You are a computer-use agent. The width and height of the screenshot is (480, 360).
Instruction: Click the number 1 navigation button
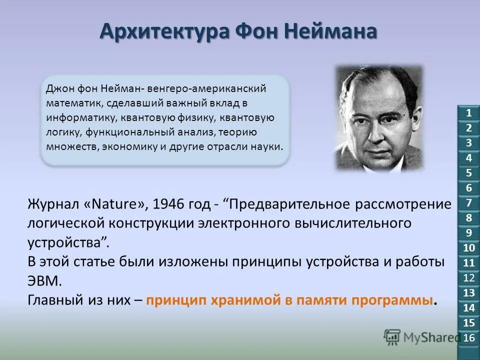tap(468, 112)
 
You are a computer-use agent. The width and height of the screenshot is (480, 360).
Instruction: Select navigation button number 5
tap(468, 173)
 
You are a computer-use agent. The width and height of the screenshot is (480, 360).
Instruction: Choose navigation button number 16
tap(468, 337)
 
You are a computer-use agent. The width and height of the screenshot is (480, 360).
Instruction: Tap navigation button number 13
tap(468, 293)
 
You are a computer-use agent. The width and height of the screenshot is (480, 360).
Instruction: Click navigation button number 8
tap(468, 218)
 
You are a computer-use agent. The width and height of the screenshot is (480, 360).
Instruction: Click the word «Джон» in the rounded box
tap(61, 88)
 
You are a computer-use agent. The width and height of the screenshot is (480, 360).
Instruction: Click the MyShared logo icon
tap(392, 337)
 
